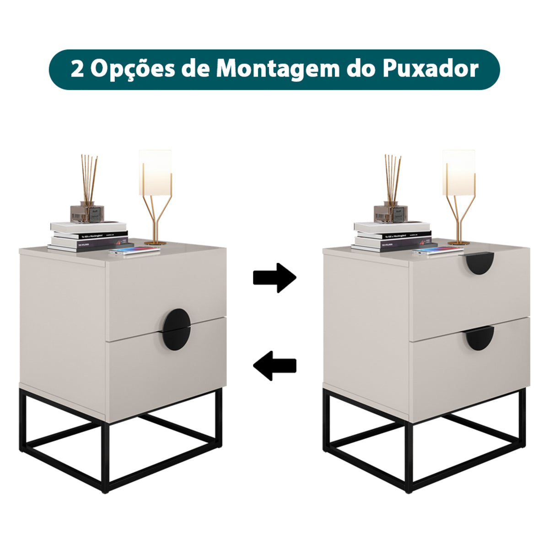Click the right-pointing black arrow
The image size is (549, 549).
[275, 278]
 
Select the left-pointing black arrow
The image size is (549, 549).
[275, 365]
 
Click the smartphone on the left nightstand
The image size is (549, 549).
[135, 251]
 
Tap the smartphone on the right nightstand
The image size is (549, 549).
[438, 251]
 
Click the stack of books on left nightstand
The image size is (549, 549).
[88, 237]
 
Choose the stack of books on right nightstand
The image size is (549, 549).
[392, 237]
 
